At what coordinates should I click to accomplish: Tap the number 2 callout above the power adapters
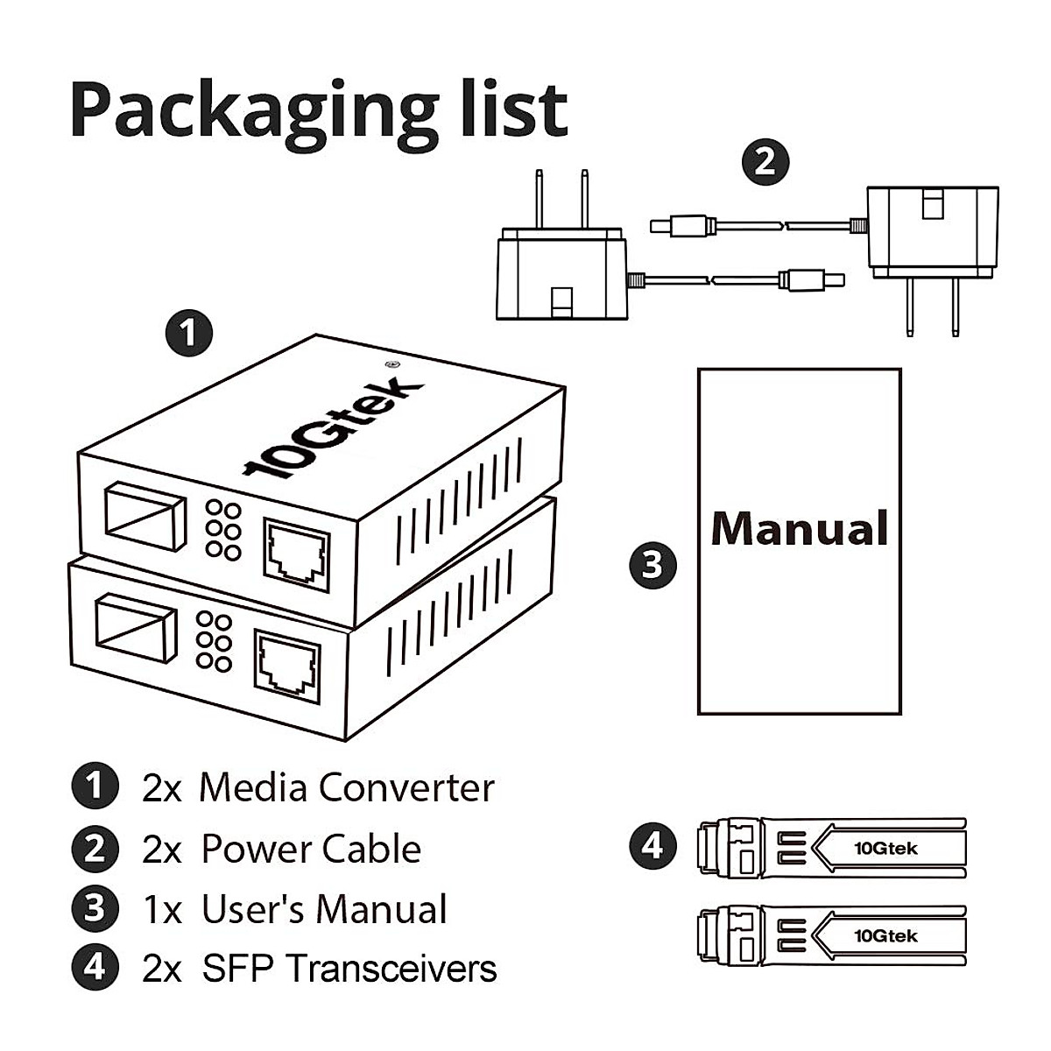[765, 162]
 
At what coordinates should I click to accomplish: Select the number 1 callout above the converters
[189, 334]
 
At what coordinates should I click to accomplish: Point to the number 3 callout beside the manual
[653, 565]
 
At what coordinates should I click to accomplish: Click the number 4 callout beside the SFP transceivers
[653, 846]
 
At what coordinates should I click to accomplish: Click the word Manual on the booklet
[799, 528]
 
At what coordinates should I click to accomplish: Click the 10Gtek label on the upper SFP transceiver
[885, 848]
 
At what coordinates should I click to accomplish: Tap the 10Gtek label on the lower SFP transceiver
[885, 936]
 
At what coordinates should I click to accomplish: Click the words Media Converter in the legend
[347, 787]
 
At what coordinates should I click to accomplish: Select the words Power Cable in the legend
[311, 850]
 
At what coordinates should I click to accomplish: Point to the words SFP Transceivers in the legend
[349, 969]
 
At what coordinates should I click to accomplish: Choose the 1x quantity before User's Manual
[162, 910]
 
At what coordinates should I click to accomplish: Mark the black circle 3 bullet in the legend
[95, 908]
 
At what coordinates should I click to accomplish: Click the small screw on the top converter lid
[389, 364]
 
